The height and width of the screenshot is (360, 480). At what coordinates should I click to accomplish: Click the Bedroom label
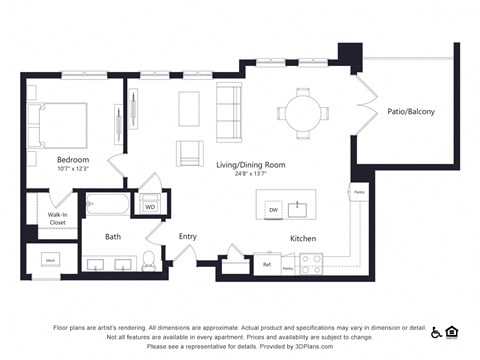(73, 159)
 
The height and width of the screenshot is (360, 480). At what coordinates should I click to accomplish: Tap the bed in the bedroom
(59, 124)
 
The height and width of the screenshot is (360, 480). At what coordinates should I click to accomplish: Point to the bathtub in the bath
(107, 205)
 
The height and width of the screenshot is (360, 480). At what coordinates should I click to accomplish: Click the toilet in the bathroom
(149, 261)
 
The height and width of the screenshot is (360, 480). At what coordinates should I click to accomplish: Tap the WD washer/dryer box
(150, 207)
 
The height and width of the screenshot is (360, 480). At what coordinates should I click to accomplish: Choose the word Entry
(188, 237)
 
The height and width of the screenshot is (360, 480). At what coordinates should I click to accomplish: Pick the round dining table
(303, 110)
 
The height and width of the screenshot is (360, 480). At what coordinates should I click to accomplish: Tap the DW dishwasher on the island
(272, 210)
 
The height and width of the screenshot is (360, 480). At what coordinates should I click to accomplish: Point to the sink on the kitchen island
(298, 209)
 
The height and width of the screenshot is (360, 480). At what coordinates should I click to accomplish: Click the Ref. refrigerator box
(267, 266)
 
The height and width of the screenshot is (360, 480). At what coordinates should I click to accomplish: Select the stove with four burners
(312, 264)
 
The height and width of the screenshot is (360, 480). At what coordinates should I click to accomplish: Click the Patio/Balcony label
(411, 112)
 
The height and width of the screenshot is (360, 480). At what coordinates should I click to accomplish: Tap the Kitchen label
(304, 239)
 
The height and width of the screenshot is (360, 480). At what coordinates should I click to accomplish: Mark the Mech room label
(49, 260)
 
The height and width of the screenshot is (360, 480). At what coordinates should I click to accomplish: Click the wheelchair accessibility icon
(436, 332)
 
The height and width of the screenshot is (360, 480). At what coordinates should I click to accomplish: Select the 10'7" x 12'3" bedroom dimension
(73, 168)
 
